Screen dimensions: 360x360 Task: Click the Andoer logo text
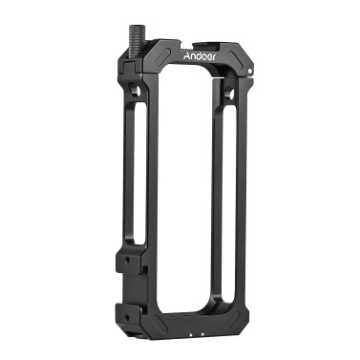coord(201,55)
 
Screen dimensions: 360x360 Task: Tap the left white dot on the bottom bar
coord(191,334)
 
